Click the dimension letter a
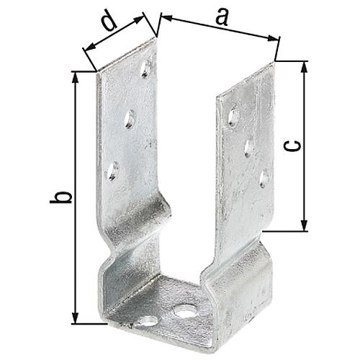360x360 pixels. click(222, 17)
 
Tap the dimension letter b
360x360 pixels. click(61, 197)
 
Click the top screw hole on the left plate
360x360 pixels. click(145, 68)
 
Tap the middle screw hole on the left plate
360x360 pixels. click(130, 119)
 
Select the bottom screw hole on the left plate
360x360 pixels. click(112, 171)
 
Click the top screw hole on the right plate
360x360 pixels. click(233, 117)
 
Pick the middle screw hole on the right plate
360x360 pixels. click(249, 148)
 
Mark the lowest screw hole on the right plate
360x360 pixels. click(264, 179)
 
